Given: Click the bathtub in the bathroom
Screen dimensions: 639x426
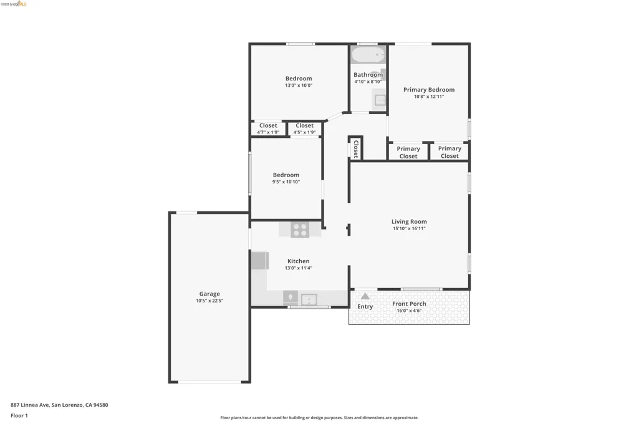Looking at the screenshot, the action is click(x=368, y=55).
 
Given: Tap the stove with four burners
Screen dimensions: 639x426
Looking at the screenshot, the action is click(x=300, y=230).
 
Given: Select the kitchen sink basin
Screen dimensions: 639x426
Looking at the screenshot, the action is click(x=309, y=300).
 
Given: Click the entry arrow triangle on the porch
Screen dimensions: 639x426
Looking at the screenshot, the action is click(x=365, y=296).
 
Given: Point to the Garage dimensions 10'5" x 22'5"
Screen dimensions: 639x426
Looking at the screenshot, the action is click(x=209, y=301).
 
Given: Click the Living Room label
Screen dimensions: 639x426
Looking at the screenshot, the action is click(x=409, y=222).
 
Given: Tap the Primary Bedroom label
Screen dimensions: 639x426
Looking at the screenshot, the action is click(x=429, y=90).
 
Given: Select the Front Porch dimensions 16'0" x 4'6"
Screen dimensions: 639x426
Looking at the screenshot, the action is click(x=409, y=311).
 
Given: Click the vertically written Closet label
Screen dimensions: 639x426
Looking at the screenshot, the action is click(x=356, y=149).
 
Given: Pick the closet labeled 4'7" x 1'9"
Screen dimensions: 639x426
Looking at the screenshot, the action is click(x=268, y=128).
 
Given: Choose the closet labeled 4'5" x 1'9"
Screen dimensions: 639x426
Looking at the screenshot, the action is click(x=305, y=128).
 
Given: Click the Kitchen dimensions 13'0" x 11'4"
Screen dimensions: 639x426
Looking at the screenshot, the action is click(x=299, y=268).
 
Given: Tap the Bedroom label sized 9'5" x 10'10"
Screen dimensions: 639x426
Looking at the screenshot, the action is click(x=286, y=175).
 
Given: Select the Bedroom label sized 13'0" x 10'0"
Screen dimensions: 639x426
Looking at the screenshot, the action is click(x=299, y=78).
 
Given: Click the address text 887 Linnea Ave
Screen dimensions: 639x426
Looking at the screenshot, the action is click(x=30, y=405).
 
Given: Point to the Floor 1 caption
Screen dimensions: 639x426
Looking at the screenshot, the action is click(x=19, y=416).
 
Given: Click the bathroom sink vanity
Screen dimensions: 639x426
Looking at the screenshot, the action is click(x=380, y=100).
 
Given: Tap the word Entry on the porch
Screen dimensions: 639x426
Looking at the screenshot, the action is click(x=365, y=306).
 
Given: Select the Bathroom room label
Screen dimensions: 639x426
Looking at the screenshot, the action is click(x=368, y=75).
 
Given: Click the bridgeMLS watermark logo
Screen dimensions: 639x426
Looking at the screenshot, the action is click(x=14, y=4).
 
